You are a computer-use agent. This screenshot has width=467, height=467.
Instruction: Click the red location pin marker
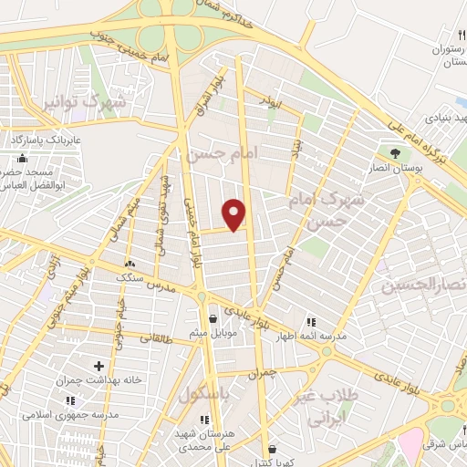[235, 214]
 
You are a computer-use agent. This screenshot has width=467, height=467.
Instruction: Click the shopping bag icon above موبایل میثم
[213, 319]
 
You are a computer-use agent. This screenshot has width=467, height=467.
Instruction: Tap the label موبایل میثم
[213, 332]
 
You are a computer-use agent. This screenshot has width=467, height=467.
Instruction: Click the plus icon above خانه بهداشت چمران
[99, 367]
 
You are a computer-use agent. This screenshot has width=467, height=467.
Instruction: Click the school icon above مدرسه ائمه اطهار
[310, 322]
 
